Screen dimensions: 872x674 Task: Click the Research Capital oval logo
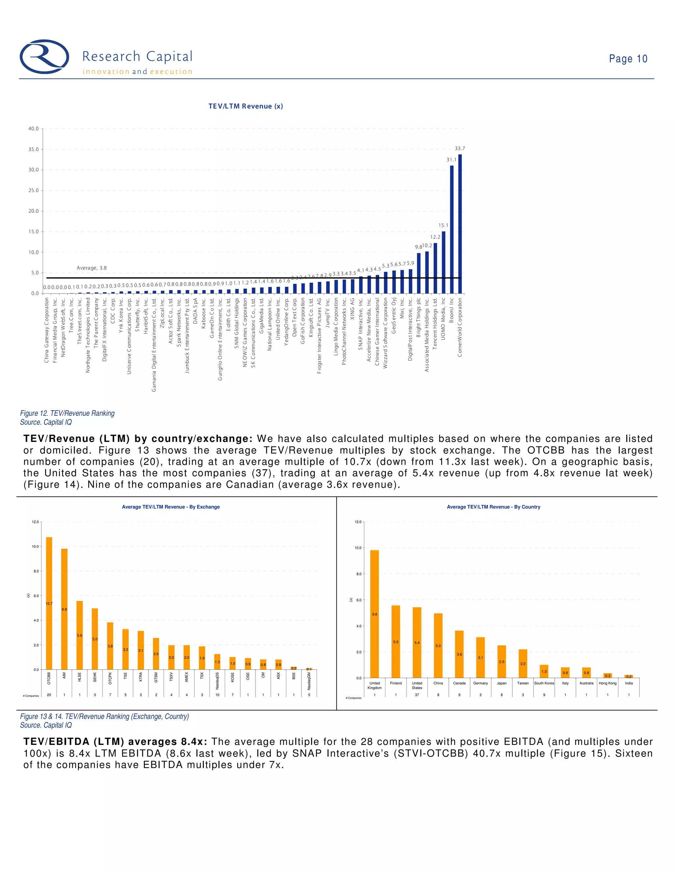pyautogui.click(x=44, y=57)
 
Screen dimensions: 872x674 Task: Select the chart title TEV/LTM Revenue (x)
pyautogui.click(x=246, y=106)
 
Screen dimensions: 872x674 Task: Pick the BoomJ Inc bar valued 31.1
pyautogui.click(x=452, y=230)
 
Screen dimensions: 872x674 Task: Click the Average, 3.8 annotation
pyautogui.click(x=91, y=268)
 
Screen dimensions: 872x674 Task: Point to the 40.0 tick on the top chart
pyautogui.click(x=34, y=129)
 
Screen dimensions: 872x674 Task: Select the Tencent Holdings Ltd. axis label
pyautogui.click(x=435, y=324)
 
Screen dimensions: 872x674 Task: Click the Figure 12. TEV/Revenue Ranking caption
pyautogui.click(x=67, y=413)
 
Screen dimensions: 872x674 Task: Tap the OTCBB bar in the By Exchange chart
pyautogui.click(x=49, y=603)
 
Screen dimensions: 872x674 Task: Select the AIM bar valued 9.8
pyautogui.click(x=64, y=609)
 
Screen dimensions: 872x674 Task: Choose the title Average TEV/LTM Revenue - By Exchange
pyautogui.click(x=170, y=507)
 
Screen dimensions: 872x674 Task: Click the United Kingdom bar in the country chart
pyautogui.click(x=375, y=614)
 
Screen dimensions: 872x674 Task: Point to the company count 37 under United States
pyautogui.click(x=417, y=695)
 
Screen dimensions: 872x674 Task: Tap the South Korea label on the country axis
pyautogui.click(x=544, y=683)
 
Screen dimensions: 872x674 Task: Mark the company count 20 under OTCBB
pyautogui.click(x=49, y=695)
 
